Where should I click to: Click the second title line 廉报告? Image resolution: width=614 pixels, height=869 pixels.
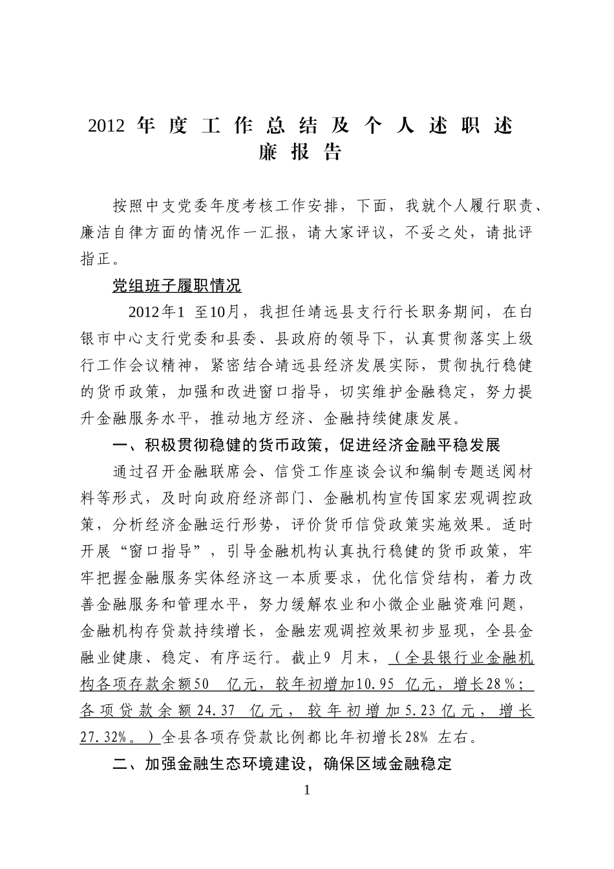pos(299,153)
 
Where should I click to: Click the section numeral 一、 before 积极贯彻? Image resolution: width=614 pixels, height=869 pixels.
pos(121,445)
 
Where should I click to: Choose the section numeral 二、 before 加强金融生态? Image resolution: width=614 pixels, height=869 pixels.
pos(121,764)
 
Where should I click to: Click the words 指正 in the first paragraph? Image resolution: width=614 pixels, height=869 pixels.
pos(95,259)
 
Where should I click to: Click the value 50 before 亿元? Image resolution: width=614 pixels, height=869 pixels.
pos(202,684)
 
